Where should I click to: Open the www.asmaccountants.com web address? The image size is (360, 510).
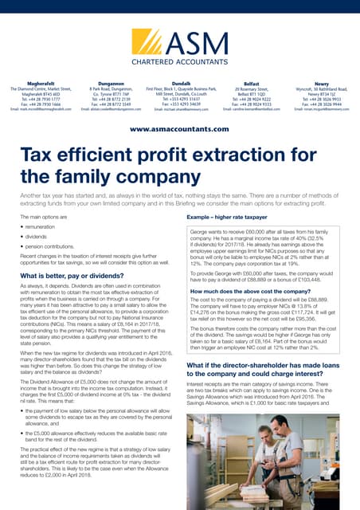click(x=179, y=128)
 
